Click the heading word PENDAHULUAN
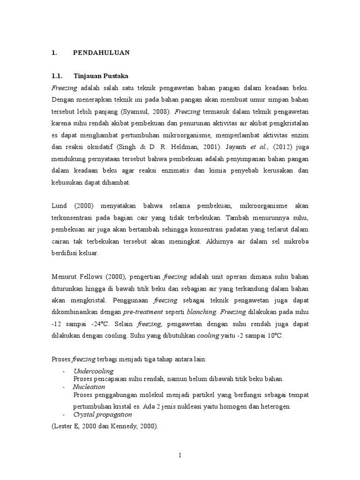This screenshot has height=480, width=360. (x=101, y=53)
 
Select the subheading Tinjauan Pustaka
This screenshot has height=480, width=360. (x=101, y=75)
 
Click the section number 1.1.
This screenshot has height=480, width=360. (x=57, y=75)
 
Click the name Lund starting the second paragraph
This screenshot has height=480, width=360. (x=59, y=206)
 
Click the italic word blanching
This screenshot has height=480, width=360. (x=202, y=312)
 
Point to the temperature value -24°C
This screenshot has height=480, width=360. (x=100, y=324)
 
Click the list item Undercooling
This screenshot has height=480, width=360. (x=94, y=371)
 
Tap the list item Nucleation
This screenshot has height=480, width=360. (x=89, y=387)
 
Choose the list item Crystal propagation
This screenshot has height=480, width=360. (x=103, y=415)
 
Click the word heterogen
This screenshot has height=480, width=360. (x=274, y=406)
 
